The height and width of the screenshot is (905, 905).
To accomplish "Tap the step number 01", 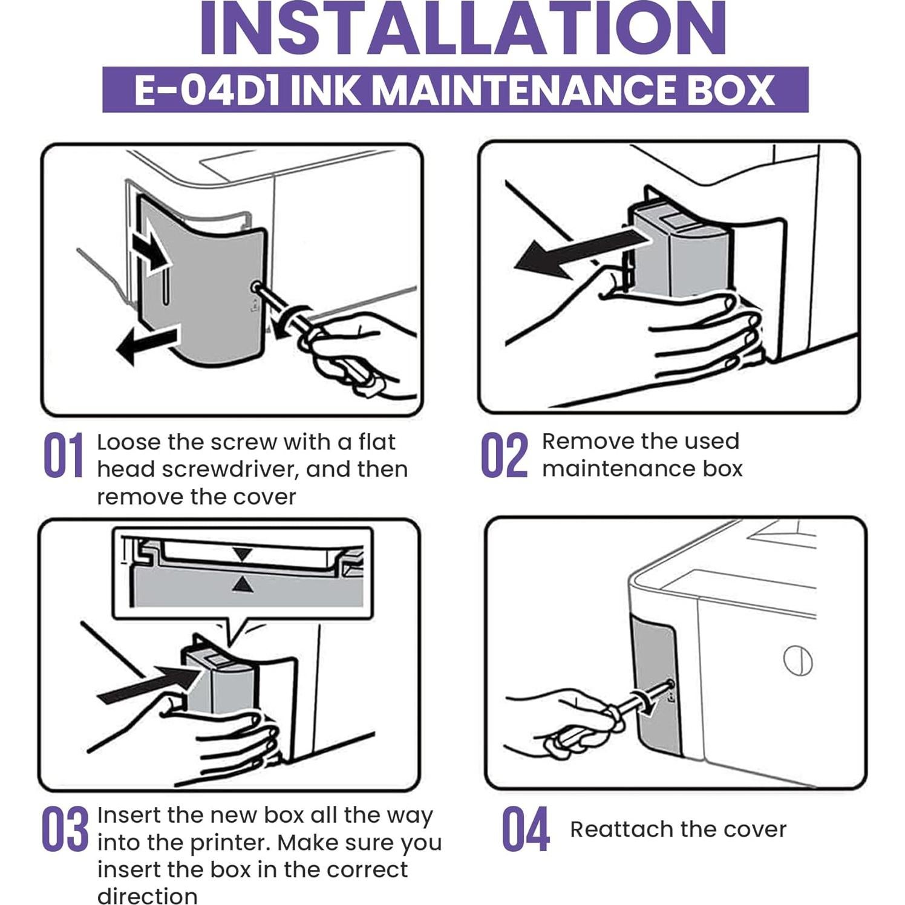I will tap(63, 456).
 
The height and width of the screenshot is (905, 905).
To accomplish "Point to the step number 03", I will tap(64, 829).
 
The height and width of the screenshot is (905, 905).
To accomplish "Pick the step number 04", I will tap(525, 829).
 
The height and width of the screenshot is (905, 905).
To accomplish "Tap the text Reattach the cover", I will tap(678, 829).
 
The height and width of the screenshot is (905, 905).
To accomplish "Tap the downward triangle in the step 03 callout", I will tap(243, 554).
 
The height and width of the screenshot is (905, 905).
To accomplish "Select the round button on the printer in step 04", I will tap(797, 661).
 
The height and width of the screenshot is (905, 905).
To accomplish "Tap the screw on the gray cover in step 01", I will tap(256, 286).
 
